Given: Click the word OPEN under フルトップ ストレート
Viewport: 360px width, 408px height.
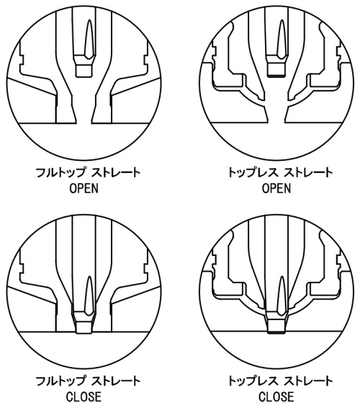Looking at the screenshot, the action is click(x=84, y=189).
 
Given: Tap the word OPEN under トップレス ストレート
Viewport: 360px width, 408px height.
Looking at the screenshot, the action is click(x=276, y=189).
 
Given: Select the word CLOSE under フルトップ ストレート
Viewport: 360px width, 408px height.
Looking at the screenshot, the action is click(x=84, y=397).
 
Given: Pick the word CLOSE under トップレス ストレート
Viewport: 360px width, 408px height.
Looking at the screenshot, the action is click(x=276, y=397).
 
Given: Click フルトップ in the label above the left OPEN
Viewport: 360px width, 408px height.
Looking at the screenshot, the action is click(x=60, y=172).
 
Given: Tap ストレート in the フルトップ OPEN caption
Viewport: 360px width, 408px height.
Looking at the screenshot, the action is click(x=116, y=172).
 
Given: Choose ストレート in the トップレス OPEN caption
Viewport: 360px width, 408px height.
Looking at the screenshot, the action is click(x=309, y=172).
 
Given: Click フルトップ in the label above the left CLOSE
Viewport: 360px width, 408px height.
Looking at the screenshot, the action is click(x=60, y=381).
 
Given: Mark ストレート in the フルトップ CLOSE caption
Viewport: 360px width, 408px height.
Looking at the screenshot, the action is click(x=116, y=381).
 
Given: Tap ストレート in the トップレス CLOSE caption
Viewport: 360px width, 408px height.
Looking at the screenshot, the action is click(x=309, y=381).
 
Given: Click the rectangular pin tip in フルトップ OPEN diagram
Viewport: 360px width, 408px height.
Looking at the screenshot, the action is click(x=84, y=71).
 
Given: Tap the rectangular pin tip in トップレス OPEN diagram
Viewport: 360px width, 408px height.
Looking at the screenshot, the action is click(x=276, y=70).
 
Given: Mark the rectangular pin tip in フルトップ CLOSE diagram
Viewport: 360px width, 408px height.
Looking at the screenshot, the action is click(x=84, y=327).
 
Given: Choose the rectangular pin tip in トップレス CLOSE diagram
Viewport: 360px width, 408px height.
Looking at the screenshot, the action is click(x=276, y=327).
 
